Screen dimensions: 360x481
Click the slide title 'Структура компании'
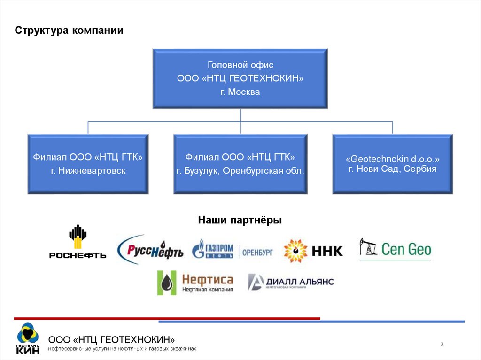[69, 31]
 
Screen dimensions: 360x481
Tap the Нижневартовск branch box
[88, 164]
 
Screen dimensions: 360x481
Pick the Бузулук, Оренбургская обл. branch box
[240, 164]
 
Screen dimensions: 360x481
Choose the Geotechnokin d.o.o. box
[393, 164]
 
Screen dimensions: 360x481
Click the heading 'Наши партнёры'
[240, 220]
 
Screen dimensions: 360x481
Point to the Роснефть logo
[78, 242]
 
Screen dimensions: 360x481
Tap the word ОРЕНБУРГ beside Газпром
[257, 252]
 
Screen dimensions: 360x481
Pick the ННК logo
[313, 251]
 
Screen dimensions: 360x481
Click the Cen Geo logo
[395, 249]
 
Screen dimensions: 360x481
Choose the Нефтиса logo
[195, 283]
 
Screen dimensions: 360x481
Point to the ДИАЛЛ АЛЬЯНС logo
[290, 282]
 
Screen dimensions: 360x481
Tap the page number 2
[442, 345]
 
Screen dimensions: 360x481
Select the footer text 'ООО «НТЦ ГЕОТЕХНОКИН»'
[112, 339]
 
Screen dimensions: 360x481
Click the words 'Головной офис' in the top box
[240, 65]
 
